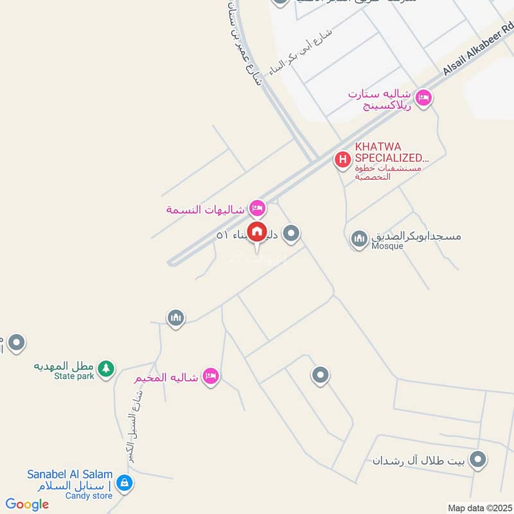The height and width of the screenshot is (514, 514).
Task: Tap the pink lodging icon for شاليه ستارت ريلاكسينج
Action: (x=423, y=98)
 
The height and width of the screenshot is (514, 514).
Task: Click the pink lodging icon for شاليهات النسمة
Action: (x=257, y=208)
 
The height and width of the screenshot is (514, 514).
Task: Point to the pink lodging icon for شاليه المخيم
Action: (x=210, y=377)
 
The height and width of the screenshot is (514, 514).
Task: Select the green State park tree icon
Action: (x=107, y=369)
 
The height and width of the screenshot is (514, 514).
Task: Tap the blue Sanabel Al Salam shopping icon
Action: (x=125, y=483)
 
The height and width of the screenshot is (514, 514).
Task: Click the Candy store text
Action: (x=88, y=495)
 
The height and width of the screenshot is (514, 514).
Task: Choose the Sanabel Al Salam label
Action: (x=69, y=475)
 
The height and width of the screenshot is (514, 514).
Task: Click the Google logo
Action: (x=27, y=504)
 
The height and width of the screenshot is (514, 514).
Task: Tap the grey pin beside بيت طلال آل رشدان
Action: (x=477, y=459)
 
